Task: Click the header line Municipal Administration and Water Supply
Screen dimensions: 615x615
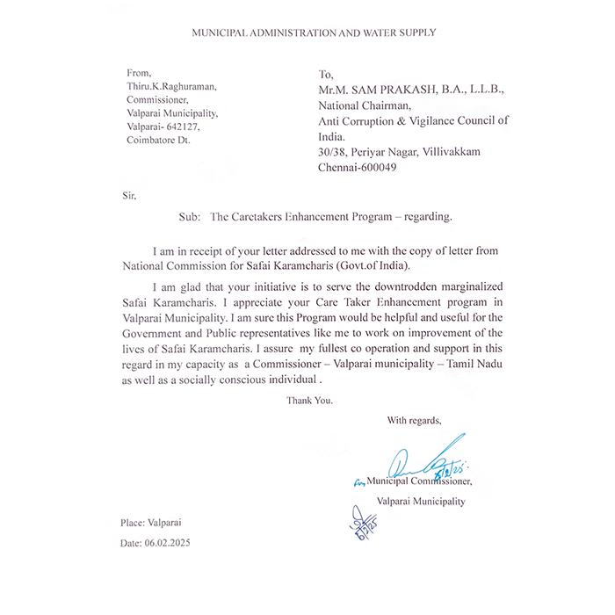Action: click(314, 33)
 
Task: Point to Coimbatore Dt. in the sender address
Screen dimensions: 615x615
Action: click(157, 140)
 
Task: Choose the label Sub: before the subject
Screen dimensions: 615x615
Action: click(189, 216)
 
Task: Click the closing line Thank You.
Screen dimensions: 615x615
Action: click(309, 400)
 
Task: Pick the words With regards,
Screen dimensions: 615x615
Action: click(414, 420)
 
